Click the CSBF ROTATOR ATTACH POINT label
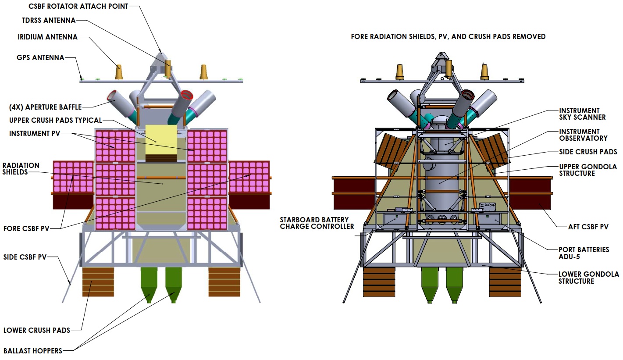[78, 7]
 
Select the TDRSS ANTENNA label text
[49, 21]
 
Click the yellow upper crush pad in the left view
[161, 139]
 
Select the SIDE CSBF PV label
[25, 257]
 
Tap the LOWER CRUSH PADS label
[37, 330]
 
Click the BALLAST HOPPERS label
[32, 350]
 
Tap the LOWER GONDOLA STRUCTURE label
[588, 278]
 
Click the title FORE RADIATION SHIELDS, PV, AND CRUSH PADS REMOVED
[448, 37]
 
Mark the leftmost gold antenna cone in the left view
[118, 72]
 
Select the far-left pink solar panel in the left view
[73, 177]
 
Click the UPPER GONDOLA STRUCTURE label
[587, 170]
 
